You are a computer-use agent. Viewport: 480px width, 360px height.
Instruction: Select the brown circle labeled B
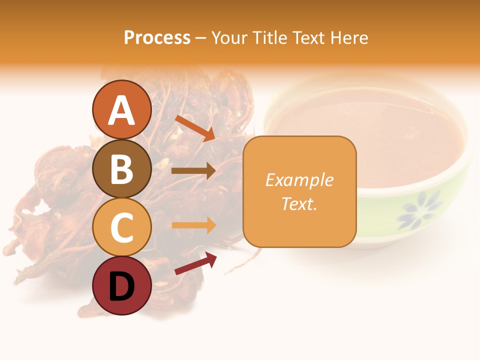pos(122,169)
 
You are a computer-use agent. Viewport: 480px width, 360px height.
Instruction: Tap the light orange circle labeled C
pos(122,227)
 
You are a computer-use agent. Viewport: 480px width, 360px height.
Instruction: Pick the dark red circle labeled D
pos(122,286)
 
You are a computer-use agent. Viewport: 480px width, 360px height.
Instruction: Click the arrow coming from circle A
pos(195,128)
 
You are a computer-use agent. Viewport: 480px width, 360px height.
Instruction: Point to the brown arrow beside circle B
pos(193,170)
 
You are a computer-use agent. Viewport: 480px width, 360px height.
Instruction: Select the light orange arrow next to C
pos(194,225)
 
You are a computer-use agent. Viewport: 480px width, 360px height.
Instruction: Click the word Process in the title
pos(157,37)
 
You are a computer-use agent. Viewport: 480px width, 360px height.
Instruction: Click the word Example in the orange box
pos(299,179)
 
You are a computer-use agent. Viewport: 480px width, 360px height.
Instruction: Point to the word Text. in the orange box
pos(299,203)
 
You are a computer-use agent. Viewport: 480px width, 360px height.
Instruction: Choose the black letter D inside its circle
pos(122,287)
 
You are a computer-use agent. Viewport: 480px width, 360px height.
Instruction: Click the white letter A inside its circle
pos(122,111)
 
